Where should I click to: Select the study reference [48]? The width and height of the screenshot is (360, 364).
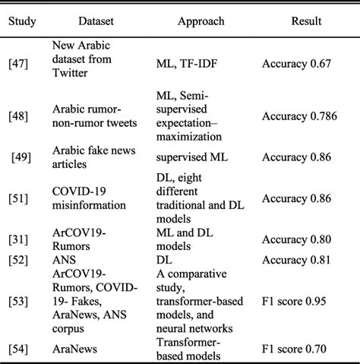[x=21, y=116]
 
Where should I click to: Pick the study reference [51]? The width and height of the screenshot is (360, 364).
[x=21, y=200]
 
